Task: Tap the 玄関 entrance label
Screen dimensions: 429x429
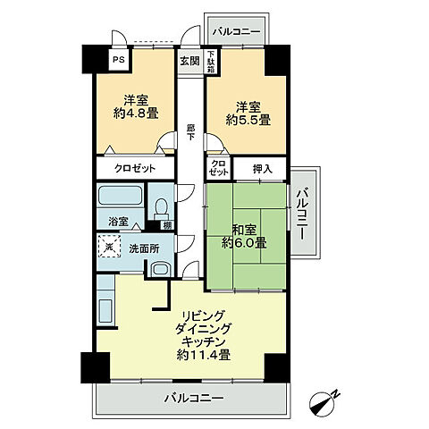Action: click(189, 61)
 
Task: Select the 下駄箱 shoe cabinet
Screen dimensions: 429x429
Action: click(211, 62)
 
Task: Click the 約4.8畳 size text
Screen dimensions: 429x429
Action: click(136, 114)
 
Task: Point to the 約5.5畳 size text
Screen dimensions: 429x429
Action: click(248, 120)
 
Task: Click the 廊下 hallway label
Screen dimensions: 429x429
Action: click(190, 132)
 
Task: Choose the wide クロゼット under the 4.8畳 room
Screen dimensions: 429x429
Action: click(135, 169)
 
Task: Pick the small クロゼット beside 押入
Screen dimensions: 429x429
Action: click(219, 168)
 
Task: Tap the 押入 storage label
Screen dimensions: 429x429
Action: click(263, 169)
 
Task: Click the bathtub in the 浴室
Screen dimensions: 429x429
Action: click(121, 196)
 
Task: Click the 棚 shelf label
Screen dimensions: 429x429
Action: click(167, 225)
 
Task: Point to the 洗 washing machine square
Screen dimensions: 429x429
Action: click(109, 246)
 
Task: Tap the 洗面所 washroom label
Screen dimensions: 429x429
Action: click(144, 248)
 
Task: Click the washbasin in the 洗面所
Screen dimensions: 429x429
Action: click(161, 269)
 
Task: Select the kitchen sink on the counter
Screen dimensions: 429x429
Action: click(105, 311)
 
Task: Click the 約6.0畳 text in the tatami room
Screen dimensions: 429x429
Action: click(244, 242)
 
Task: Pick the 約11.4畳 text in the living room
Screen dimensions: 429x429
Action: click(204, 355)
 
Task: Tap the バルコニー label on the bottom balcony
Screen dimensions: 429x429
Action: click(194, 398)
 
